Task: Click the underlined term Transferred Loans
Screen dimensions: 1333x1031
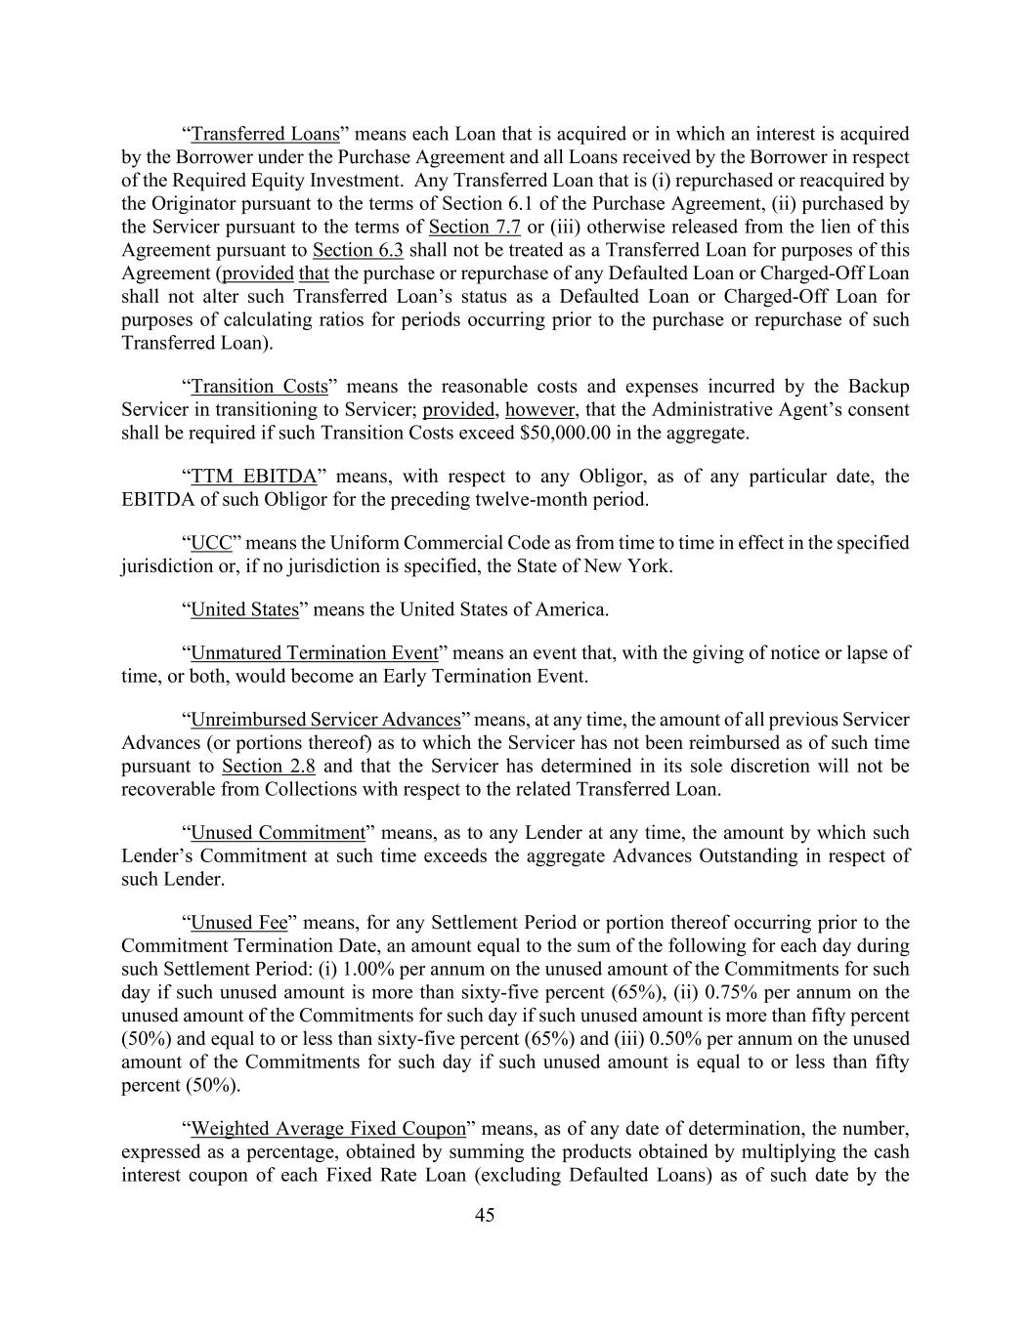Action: [x=265, y=134]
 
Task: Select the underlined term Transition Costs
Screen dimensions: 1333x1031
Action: [x=259, y=387]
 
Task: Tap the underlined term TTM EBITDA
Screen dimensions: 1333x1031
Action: [x=254, y=477]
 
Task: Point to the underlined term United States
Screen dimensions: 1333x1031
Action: [x=244, y=609]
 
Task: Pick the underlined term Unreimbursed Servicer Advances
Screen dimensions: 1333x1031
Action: [x=325, y=720]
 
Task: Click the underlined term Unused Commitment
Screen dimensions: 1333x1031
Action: [x=278, y=833]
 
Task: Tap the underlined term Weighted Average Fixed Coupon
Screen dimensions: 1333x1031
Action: [x=328, y=1129]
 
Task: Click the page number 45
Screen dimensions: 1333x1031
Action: [x=485, y=1216]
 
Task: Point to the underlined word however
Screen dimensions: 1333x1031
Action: [x=540, y=410]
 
